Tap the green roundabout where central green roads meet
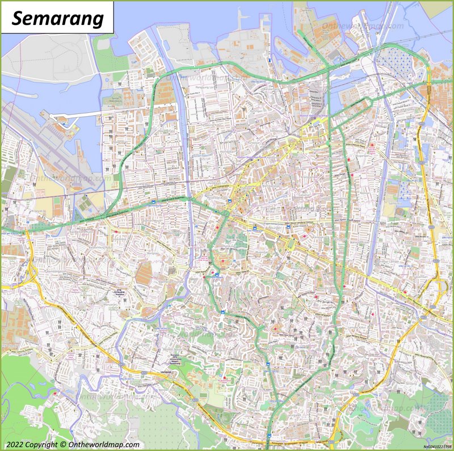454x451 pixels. (x=226, y=213)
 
